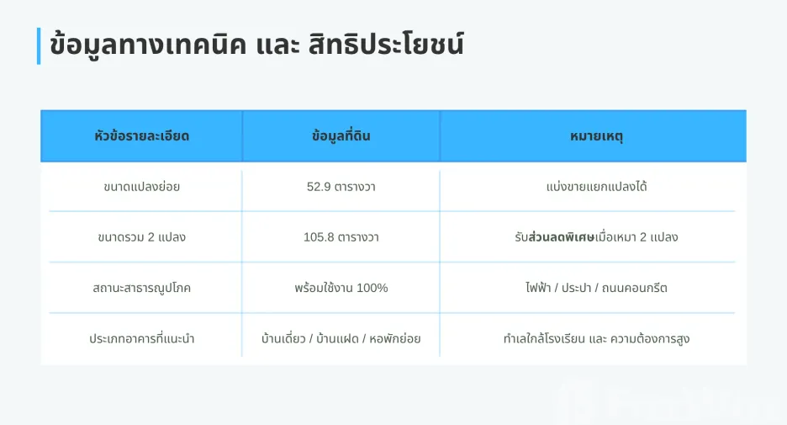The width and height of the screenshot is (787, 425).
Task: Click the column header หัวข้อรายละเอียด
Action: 141,136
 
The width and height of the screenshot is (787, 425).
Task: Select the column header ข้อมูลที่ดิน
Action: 341,136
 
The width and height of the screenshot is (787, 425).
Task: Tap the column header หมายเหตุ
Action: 596,136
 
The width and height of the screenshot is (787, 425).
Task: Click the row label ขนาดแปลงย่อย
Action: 141,187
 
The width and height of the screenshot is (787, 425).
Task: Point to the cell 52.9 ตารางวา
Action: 341,187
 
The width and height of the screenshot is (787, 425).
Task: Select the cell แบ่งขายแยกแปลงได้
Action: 596,187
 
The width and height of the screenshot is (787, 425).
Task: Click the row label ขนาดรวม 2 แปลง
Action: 141,237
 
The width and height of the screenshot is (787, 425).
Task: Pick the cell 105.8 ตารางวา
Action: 341,237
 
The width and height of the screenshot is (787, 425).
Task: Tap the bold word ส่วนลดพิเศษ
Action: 561,236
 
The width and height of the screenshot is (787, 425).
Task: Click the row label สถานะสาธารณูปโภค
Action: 141,289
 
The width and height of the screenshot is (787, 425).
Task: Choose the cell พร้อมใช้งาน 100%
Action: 341,288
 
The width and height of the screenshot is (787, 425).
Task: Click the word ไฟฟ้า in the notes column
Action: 538,287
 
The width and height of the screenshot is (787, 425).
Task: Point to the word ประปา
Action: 576,289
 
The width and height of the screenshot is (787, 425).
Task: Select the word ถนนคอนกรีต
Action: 635,288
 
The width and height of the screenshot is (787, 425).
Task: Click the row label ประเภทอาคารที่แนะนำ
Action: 141,338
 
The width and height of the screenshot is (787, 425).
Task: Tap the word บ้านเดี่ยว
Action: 283,338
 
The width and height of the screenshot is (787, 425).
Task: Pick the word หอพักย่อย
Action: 395,338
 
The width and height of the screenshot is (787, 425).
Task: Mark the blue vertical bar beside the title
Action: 39,46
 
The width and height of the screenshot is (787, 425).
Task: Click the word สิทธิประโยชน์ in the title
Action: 386,45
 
